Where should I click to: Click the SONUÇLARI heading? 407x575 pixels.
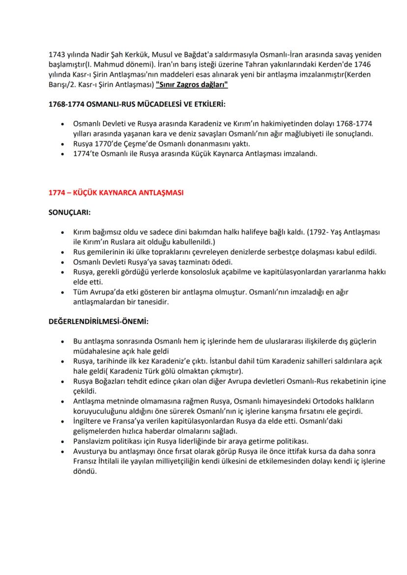pyautogui.click(x=69, y=213)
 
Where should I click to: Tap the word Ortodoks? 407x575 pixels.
pyautogui.click(x=307, y=401)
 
